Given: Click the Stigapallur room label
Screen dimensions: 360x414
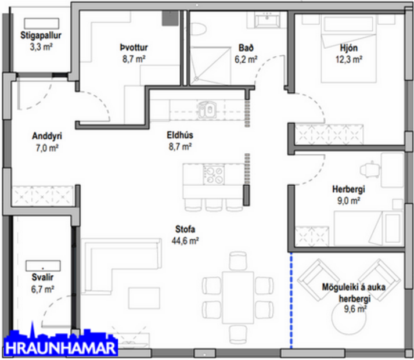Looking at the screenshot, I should [x=41, y=39].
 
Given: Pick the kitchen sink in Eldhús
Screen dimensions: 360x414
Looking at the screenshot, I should [x=207, y=108].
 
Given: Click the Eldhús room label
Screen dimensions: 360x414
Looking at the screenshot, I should [x=180, y=141].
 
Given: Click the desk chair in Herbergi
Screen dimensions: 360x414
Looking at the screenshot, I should [x=369, y=168].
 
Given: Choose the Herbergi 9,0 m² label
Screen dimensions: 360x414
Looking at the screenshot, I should [x=347, y=195].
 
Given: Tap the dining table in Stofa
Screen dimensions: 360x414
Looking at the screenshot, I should [x=238, y=296].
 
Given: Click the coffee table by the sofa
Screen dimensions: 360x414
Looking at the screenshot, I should [x=144, y=297].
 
